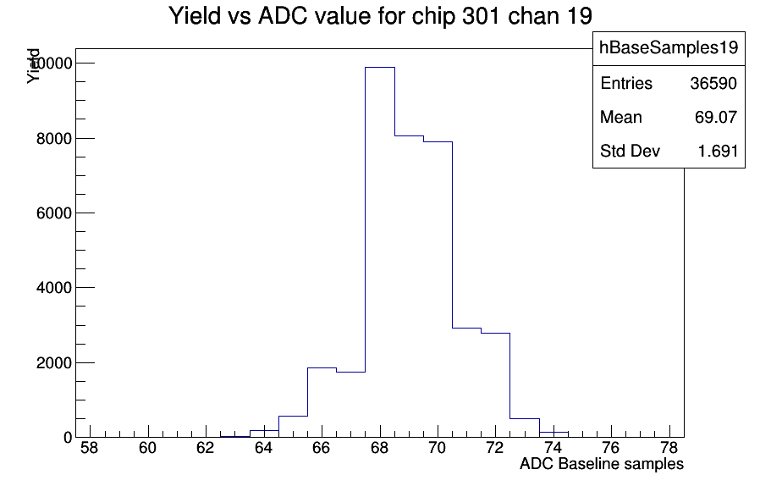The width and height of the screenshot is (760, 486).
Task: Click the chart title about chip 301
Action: [381, 16]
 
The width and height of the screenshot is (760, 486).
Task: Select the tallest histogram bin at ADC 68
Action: [380, 252]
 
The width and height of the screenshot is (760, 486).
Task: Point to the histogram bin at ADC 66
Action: [322, 402]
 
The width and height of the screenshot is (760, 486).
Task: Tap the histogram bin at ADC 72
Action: [495, 385]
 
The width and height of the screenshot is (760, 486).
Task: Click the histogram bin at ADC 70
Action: [438, 290]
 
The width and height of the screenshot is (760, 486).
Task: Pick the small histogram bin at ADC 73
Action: [525, 428]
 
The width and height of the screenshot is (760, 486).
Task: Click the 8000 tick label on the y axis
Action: [54, 139]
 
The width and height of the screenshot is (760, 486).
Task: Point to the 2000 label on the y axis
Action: [54, 362]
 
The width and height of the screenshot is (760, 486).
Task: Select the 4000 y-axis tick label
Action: [54, 288]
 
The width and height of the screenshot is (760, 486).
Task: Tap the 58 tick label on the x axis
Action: [90, 448]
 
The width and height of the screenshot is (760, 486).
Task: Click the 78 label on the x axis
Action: [669, 448]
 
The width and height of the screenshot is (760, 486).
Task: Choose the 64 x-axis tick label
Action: [264, 448]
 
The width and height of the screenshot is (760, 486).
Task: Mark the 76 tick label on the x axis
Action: [611, 448]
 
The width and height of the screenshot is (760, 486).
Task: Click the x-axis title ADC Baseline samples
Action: [602, 464]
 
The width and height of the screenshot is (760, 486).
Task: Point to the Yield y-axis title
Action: [33, 66]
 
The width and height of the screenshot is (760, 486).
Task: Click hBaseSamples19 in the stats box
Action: [669, 47]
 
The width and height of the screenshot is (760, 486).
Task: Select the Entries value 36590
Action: [713, 84]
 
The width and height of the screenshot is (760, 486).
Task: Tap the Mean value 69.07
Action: [716, 118]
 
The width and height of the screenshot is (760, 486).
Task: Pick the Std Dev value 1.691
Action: [718, 152]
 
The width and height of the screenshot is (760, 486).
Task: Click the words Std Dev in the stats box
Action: [631, 152]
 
